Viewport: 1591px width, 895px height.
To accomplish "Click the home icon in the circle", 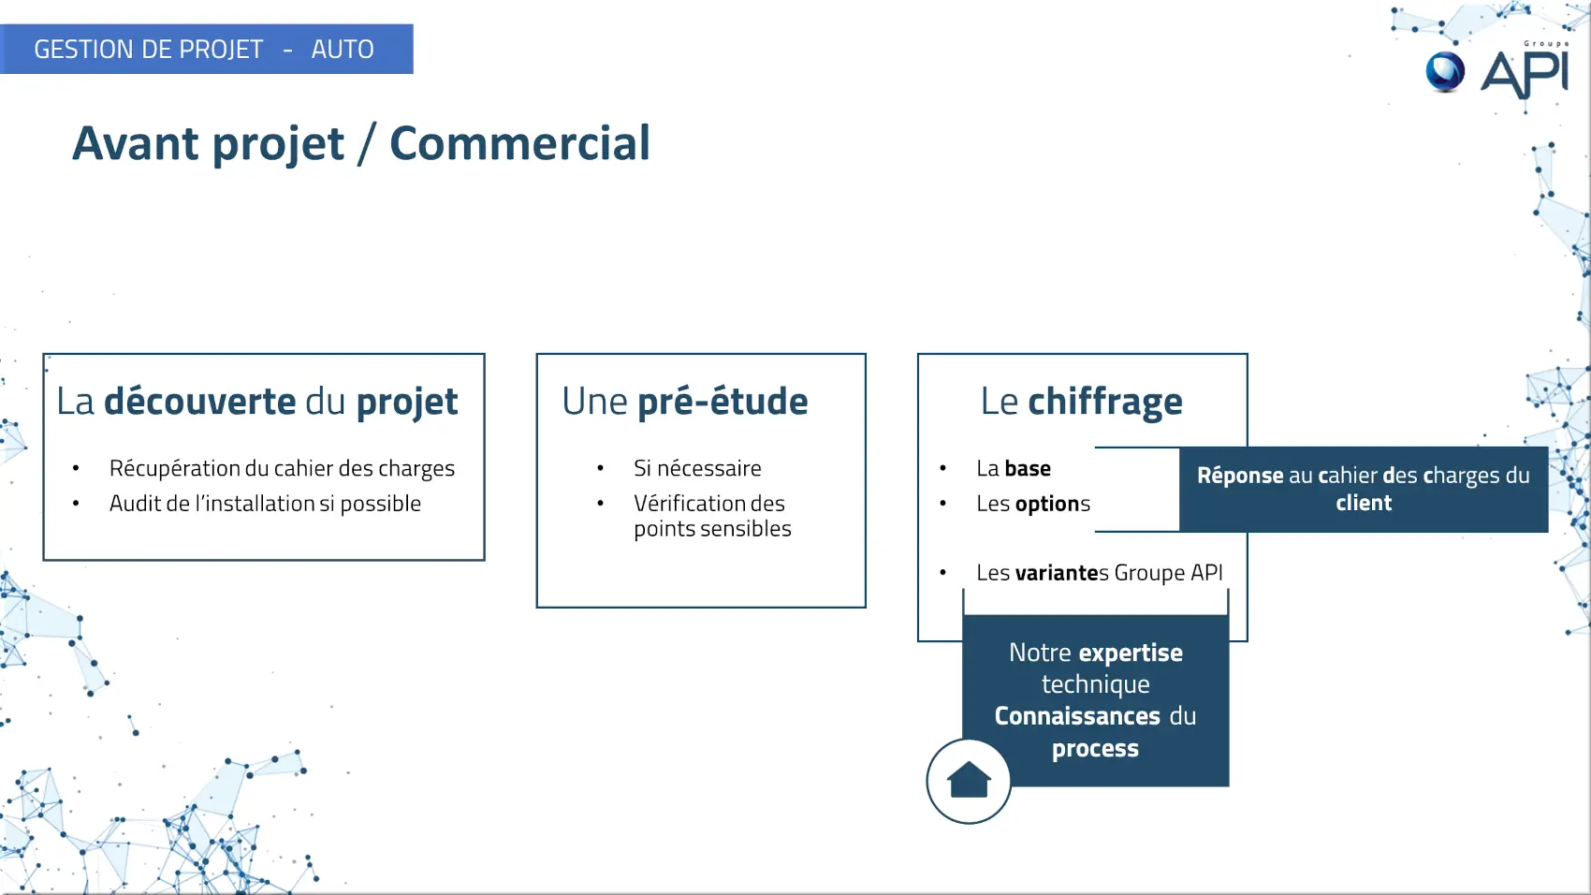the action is coord(968,780).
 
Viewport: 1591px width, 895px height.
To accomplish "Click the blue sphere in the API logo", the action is coord(1445,72).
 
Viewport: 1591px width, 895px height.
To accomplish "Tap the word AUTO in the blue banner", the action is coord(343,49).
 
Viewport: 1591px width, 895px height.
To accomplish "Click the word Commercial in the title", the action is coord(520,143).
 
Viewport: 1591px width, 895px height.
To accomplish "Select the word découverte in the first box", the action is coord(199,401).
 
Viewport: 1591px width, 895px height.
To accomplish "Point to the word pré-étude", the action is coord(723,402).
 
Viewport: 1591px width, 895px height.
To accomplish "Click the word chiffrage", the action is coord(1105,402).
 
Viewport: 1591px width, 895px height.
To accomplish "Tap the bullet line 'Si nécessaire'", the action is coord(697,468).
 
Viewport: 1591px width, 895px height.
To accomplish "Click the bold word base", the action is coord(1028,468).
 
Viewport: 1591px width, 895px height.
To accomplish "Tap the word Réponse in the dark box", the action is coord(1240,476).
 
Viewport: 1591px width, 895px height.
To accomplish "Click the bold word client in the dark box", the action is coord(1363,502).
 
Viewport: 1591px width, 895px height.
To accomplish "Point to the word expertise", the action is coord(1131,653).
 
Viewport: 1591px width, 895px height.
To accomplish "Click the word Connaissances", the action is coord(1077,716).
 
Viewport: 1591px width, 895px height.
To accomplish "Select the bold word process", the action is coord(1095,749).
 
